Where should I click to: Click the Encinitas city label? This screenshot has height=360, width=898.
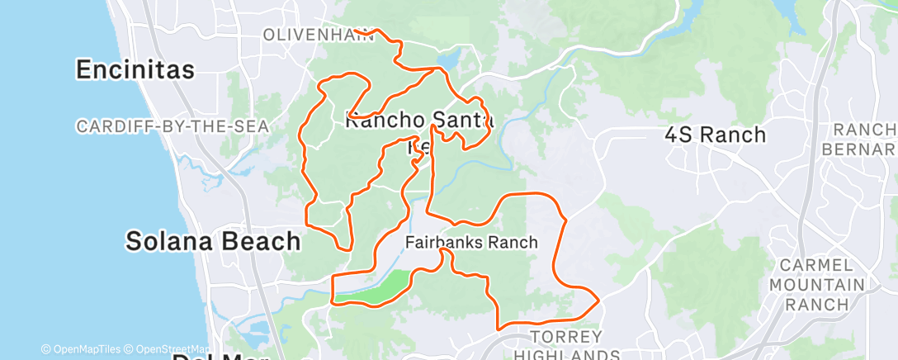(135, 70)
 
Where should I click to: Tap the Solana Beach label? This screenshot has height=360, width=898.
(213, 241)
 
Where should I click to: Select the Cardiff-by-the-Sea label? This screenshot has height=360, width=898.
(173, 126)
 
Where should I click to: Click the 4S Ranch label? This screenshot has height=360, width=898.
(716, 135)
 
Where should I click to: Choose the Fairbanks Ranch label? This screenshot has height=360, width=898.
(471, 243)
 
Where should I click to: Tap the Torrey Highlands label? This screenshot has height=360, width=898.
(566, 345)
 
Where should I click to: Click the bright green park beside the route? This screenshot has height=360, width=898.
(376, 287)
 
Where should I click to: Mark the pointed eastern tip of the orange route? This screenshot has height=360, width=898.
(598, 298)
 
